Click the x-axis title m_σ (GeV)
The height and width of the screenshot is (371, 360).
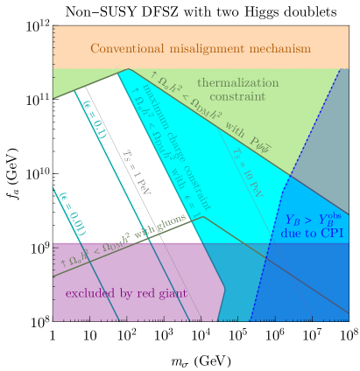tap(201, 360)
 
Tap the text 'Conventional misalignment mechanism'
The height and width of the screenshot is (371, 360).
tap(201, 49)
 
